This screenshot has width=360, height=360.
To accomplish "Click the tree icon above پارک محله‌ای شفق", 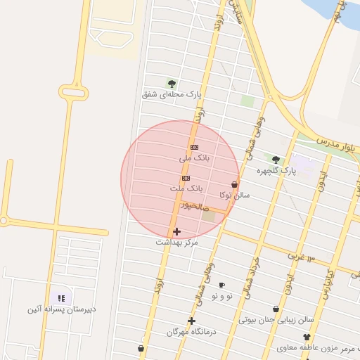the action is (x=172, y=84).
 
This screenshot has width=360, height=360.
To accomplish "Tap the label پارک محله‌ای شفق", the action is (x=172, y=94).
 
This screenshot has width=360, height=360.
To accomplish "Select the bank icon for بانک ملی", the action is (x=194, y=146).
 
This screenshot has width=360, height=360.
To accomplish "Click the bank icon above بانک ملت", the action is (x=186, y=179).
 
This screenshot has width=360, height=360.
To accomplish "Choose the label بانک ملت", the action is (x=186, y=189).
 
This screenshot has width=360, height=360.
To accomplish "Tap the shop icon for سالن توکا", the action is (x=234, y=184).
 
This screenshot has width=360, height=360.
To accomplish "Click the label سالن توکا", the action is (x=234, y=195).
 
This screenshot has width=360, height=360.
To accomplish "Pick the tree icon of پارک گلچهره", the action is (x=276, y=160).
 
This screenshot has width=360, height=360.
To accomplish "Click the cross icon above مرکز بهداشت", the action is (x=176, y=231).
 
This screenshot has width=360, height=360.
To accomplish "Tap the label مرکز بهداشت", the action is (x=176, y=242).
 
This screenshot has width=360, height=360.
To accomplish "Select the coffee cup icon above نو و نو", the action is (x=221, y=285).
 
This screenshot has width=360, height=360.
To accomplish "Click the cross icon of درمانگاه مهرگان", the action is (x=191, y=321).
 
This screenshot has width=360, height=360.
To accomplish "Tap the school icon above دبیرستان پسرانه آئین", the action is (x=61, y=298).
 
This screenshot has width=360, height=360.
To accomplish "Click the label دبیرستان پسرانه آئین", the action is (x=62, y=309).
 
